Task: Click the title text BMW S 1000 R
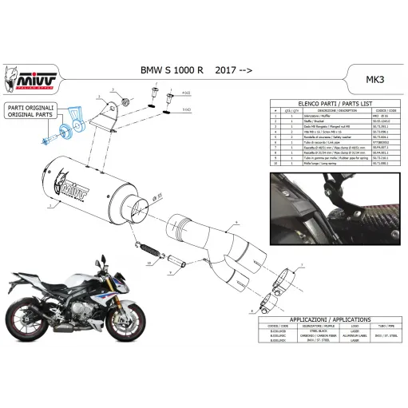tap(176, 71)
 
